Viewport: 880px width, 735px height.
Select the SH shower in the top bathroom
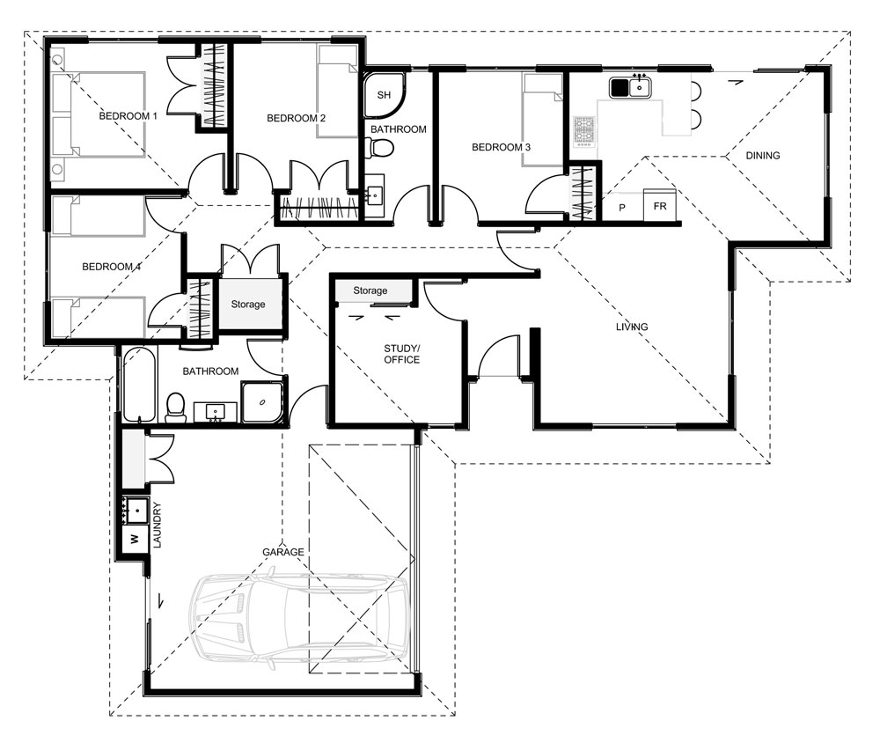[x=385, y=95]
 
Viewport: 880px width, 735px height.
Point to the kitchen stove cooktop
[x=584, y=130]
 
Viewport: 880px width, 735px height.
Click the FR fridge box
[x=659, y=208]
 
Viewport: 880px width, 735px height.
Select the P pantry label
[x=622, y=208]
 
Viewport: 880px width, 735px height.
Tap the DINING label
[x=762, y=156]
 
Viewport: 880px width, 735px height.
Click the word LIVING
[x=631, y=327]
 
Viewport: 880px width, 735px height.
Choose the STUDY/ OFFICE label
[x=401, y=354]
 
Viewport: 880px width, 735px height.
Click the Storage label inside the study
[x=370, y=290]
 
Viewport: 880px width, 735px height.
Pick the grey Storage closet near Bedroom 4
[x=248, y=305]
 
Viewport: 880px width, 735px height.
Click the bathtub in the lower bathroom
[x=137, y=385]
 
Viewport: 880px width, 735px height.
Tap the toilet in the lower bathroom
[x=176, y=407]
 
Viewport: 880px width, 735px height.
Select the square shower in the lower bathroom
[x=262, y=402]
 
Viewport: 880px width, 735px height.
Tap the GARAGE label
[x=282, y=552]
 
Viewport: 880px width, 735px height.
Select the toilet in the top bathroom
[x=379, y=148]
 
